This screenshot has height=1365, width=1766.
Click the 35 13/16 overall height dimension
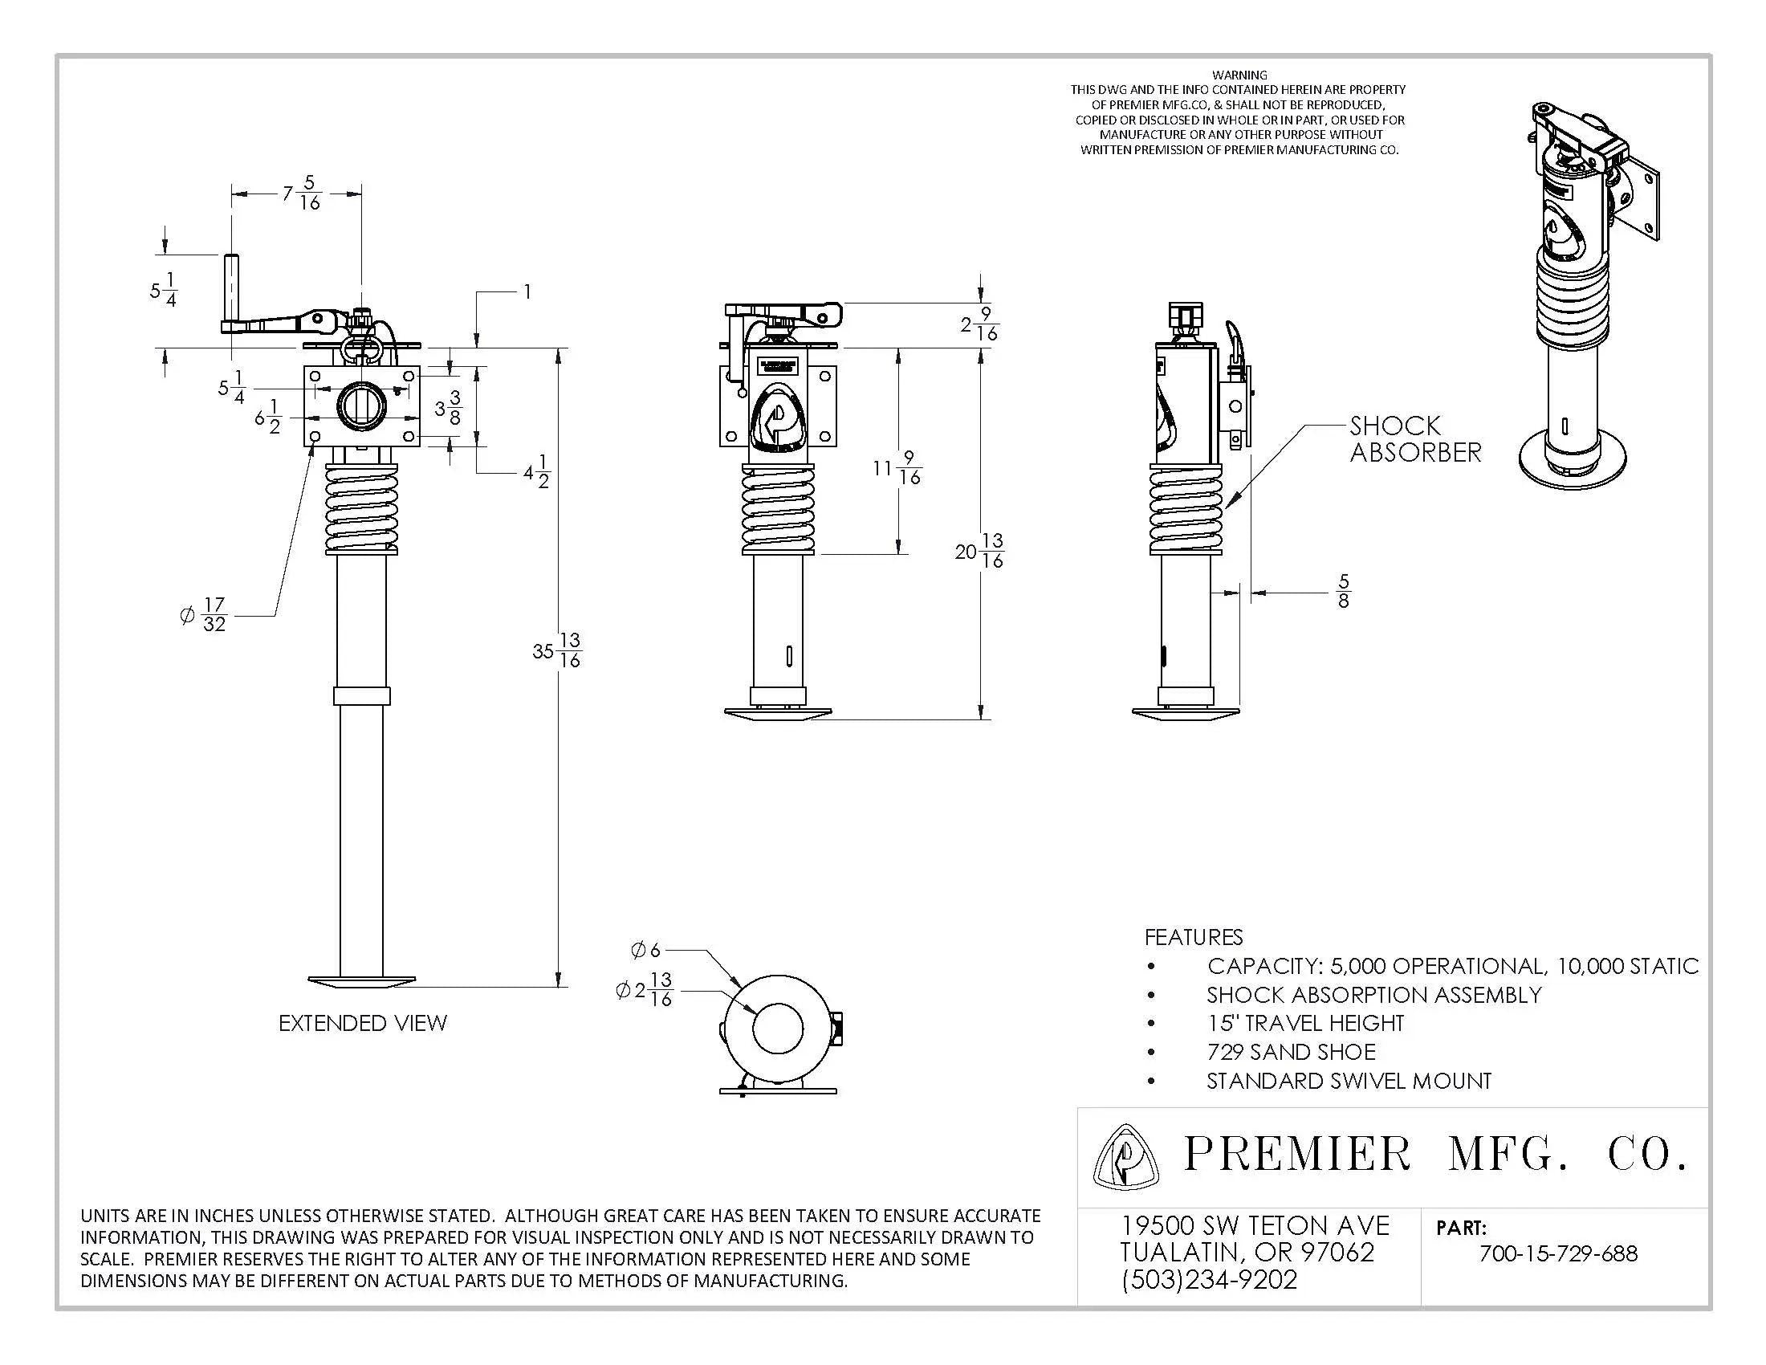558,650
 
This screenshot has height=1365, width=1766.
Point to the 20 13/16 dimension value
980,551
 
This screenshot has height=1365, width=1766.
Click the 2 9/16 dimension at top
980,324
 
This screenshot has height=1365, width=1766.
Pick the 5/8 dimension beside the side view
1343,592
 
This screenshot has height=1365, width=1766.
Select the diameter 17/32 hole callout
205,615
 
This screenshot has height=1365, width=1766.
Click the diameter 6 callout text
645,950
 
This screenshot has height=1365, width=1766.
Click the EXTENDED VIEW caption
362,1024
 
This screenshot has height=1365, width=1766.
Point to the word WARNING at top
1239,75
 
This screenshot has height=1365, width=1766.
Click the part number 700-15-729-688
1557,1254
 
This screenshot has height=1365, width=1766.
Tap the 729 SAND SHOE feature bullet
1291,1053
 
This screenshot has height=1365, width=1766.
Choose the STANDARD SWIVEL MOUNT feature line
1348,1082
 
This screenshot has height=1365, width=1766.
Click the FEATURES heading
1193,937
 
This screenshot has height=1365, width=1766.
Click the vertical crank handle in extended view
230,290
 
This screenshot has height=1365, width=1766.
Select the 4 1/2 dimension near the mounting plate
537,471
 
